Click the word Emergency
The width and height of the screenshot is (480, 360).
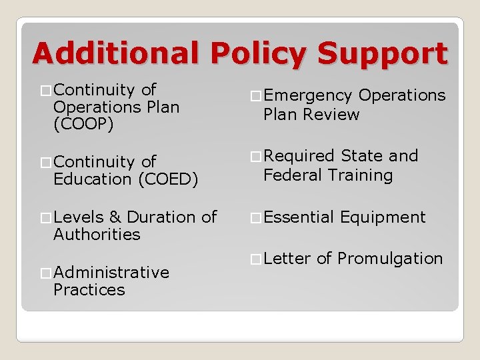pyautogui.click(x=307, y=96)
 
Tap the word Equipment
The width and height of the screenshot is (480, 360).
pyautogui.click(x=383, y=217)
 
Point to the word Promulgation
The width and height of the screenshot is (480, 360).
pyautogui.click(x=390, y=259)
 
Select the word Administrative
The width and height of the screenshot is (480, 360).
pyautogui.click(x=111, y=273)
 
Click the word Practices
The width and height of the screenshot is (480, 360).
pyautogui.click(x=89, y=290)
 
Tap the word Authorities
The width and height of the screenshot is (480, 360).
pyautogui.click(x=97, y=235)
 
